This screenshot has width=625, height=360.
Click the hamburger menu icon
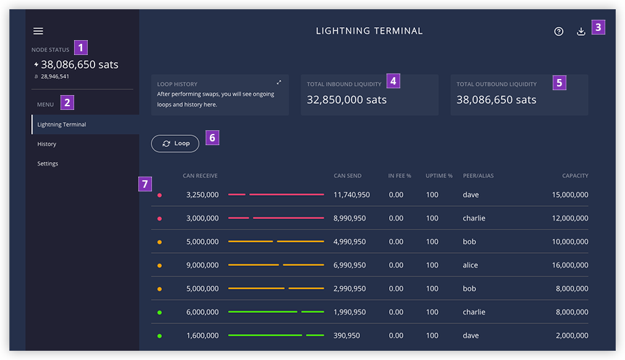click(x=38, y=31)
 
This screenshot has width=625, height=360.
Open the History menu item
click(x=47, y=144)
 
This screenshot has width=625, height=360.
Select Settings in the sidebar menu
click(x=48, y=164)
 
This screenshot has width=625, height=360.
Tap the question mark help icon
click(x=559, y=31)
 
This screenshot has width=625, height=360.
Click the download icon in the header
click(x=581, y=31)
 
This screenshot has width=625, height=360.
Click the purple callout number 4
click(x=393, y=81)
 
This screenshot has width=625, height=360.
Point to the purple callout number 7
click(x=145, y=184)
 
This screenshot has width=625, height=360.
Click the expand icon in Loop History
click(x=279, y=83)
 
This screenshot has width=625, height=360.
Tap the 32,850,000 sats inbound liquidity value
click(x=346, y=99)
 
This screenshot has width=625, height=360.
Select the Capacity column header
click(x=575, y=175)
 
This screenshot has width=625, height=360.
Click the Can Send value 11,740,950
click(x=351, y=195)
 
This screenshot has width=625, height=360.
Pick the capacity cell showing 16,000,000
click(x=570, y=265)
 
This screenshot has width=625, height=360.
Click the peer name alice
click(x=471, y=265)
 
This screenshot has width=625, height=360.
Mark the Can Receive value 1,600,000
click(x=203, y=336)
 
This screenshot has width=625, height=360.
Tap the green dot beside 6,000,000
click(x=159, y=312)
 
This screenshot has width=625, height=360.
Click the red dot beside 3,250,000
click(x=159, y=195)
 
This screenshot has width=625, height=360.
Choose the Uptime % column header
click(x=439, y=175)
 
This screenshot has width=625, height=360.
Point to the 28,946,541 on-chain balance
click(x=54, y=77)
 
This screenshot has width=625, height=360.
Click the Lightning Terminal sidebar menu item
click(x=62, y=124)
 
